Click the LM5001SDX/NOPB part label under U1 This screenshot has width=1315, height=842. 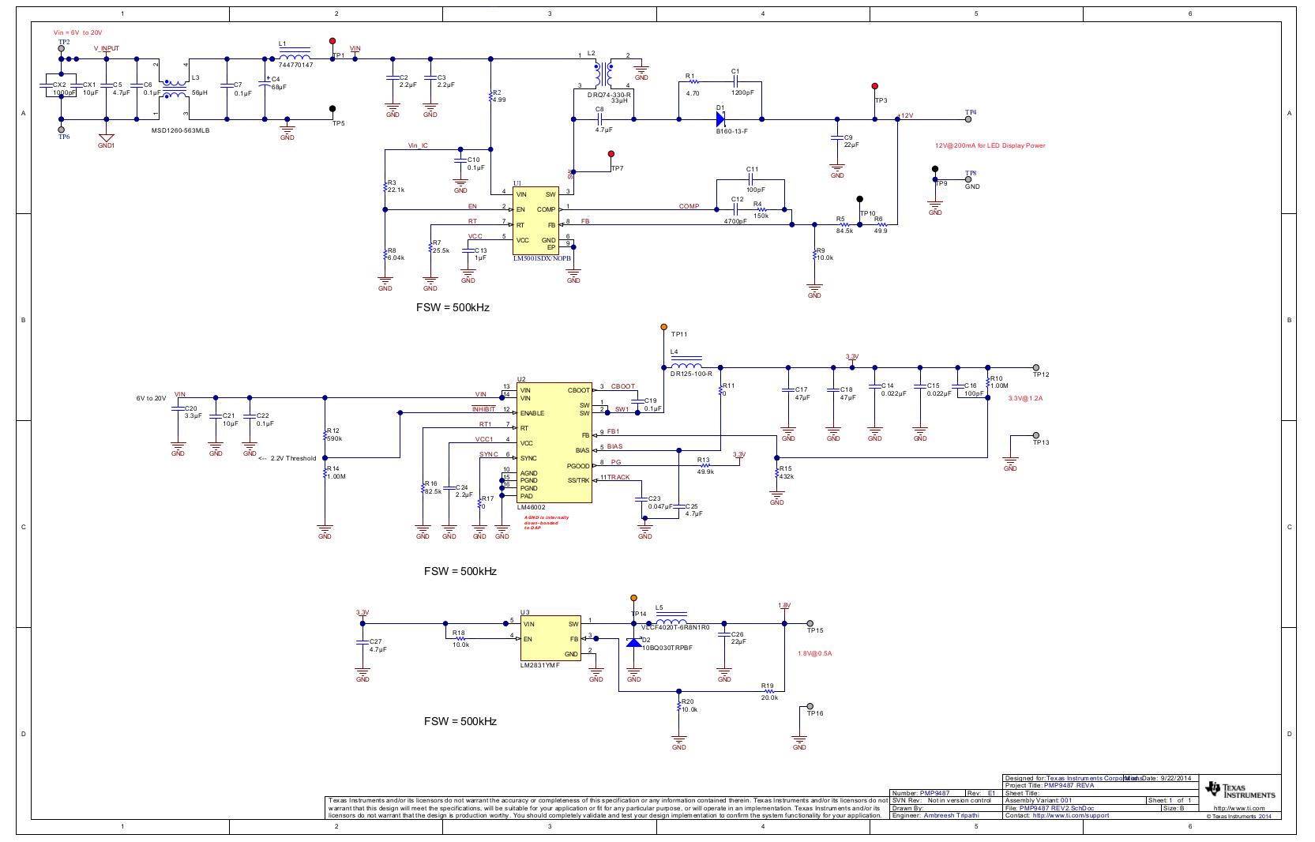tap(541, 258)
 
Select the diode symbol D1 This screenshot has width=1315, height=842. tap(720, 119)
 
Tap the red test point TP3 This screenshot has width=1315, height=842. tap(874, 86)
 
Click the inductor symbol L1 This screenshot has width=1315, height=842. tap(295, 57)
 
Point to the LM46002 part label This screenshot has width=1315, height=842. tap(531, 507)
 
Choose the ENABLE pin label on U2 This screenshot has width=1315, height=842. tap(532, 413)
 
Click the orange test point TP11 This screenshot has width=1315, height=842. tap(663, 326)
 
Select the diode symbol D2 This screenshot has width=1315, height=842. tap(633, 641)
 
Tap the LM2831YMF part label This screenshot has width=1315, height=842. tap(539, 665)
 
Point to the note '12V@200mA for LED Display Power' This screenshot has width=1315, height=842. tap(990, 145)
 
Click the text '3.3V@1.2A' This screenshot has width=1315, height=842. tap(1027, 398)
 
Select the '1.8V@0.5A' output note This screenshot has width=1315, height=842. tap(814, 653)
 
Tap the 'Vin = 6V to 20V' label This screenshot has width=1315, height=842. tap(77, 32)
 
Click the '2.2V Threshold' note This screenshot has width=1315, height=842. tap(292, 457)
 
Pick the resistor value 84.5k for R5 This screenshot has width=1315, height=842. tap(844, 231)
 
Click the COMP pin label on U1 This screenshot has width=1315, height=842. tap(546, 209)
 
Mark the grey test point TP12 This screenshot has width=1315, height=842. tap(1035, 367)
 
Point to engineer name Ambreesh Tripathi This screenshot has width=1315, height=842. tap(951, 815)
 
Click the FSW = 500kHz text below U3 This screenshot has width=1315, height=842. tap(460, 721)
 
